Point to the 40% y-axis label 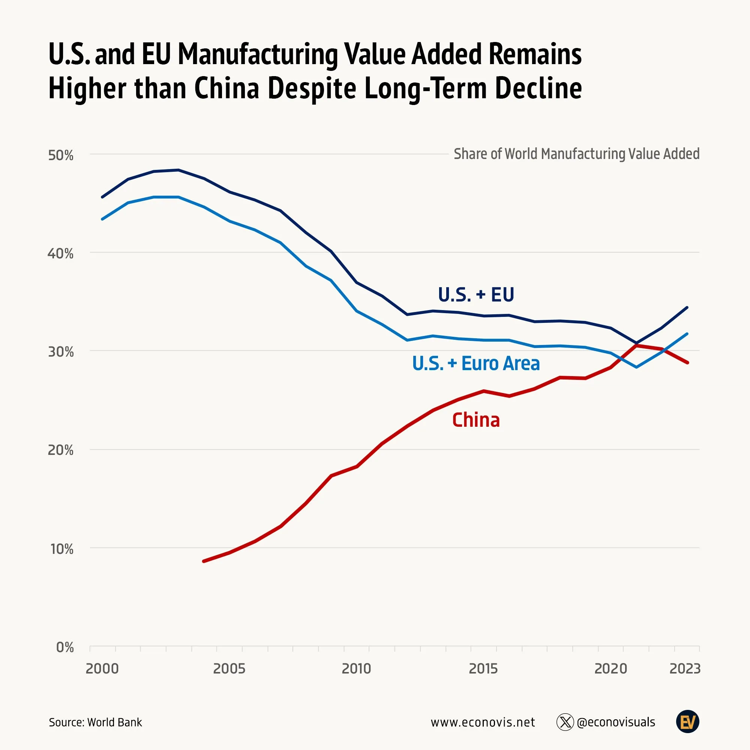click(60, 254)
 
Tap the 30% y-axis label click(60, 352)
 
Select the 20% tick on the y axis click(60, 450)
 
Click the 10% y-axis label click(62, 549)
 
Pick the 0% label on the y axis click(65, 648)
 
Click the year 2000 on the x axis click(102, 669)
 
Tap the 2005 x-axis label click(229, 669)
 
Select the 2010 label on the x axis click(356, 669)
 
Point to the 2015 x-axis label click(483, 669)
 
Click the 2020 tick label click(610, 669)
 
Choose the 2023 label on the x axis click(685, 669)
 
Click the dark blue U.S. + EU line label click(476, 295)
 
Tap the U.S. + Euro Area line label click(476, 364)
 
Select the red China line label click(476, 420)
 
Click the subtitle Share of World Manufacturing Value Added click(576, 154)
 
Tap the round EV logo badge click(687, 722)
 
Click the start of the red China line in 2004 click(204, 561)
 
